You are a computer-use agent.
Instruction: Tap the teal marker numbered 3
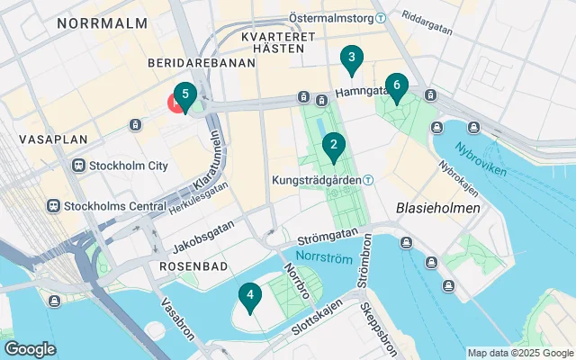point(352,60)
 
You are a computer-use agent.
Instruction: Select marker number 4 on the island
point(249,295)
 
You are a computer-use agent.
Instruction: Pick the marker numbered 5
point(184,94)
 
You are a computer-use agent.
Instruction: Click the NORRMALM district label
point(102,24)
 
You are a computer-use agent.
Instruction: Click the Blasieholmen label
point(437,208)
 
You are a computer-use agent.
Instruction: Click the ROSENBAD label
point(190,267)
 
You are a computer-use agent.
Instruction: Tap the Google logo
point(30,348)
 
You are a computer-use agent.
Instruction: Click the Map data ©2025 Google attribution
point(519,353)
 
